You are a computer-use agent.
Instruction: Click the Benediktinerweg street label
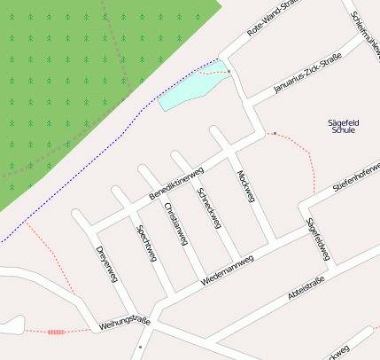(x=176, y=183)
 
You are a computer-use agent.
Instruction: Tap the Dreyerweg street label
(x=106, y=263)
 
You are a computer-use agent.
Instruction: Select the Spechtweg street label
(x=146, y=243)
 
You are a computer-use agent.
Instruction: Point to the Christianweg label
(x=176, y=223)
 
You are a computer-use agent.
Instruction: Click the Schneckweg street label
(x=208, y=207)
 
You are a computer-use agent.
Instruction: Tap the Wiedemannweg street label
(x=228, y=267)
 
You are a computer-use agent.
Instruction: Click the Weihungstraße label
(x=126, y=319)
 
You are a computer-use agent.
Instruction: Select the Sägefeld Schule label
(x=342, y=125)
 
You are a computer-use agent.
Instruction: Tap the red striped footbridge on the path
(x=56, y=332)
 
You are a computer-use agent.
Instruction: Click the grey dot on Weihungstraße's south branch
(x=140, y=347)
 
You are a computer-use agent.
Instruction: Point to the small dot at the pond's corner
(x=228, y=71)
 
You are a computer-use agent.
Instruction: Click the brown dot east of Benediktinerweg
(x=275, y=134)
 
